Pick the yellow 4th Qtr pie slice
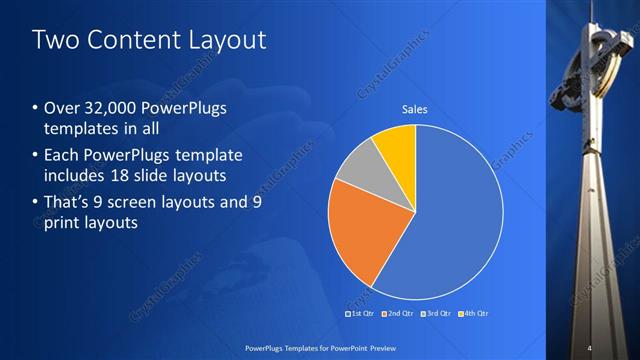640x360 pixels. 395,144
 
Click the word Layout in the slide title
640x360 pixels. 226,41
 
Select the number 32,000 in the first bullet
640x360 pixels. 110,108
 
